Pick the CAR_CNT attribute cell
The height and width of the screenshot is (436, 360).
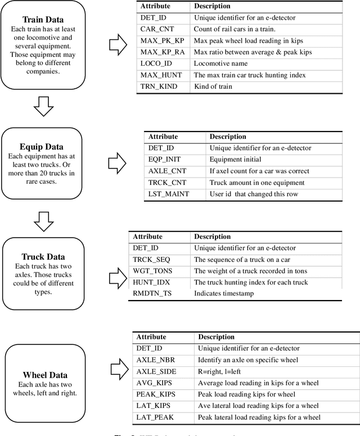click(x=153, y=29)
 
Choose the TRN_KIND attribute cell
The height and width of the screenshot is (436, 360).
click(x=155, y=87)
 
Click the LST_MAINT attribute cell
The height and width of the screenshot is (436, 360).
click(x=169, y=194)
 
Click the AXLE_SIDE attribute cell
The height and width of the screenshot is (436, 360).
click(x=156, y=371)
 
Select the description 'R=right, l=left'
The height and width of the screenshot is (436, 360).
click(x=221, y=371)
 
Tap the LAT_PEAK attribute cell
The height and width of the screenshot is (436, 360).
click(x=155, y=417)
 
